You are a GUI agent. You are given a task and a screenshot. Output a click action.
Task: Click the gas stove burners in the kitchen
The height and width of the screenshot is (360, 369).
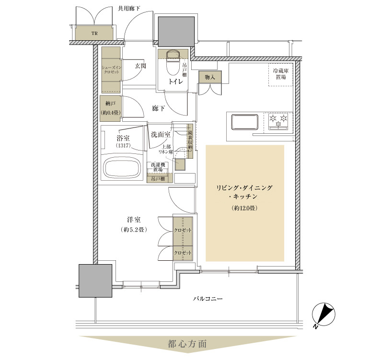[278, 121]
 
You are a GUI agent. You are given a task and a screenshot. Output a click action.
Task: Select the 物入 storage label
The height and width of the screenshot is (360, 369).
[210, 77]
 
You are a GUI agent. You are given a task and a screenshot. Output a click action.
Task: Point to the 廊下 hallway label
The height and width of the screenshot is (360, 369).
[158, 109]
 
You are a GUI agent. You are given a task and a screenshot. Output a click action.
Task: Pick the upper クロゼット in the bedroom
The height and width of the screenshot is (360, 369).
[183, 230]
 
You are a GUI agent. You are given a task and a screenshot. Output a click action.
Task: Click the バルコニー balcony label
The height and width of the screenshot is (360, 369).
[207, 299]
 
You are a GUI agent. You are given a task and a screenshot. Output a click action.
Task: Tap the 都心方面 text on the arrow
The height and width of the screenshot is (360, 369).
[187, 344]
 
